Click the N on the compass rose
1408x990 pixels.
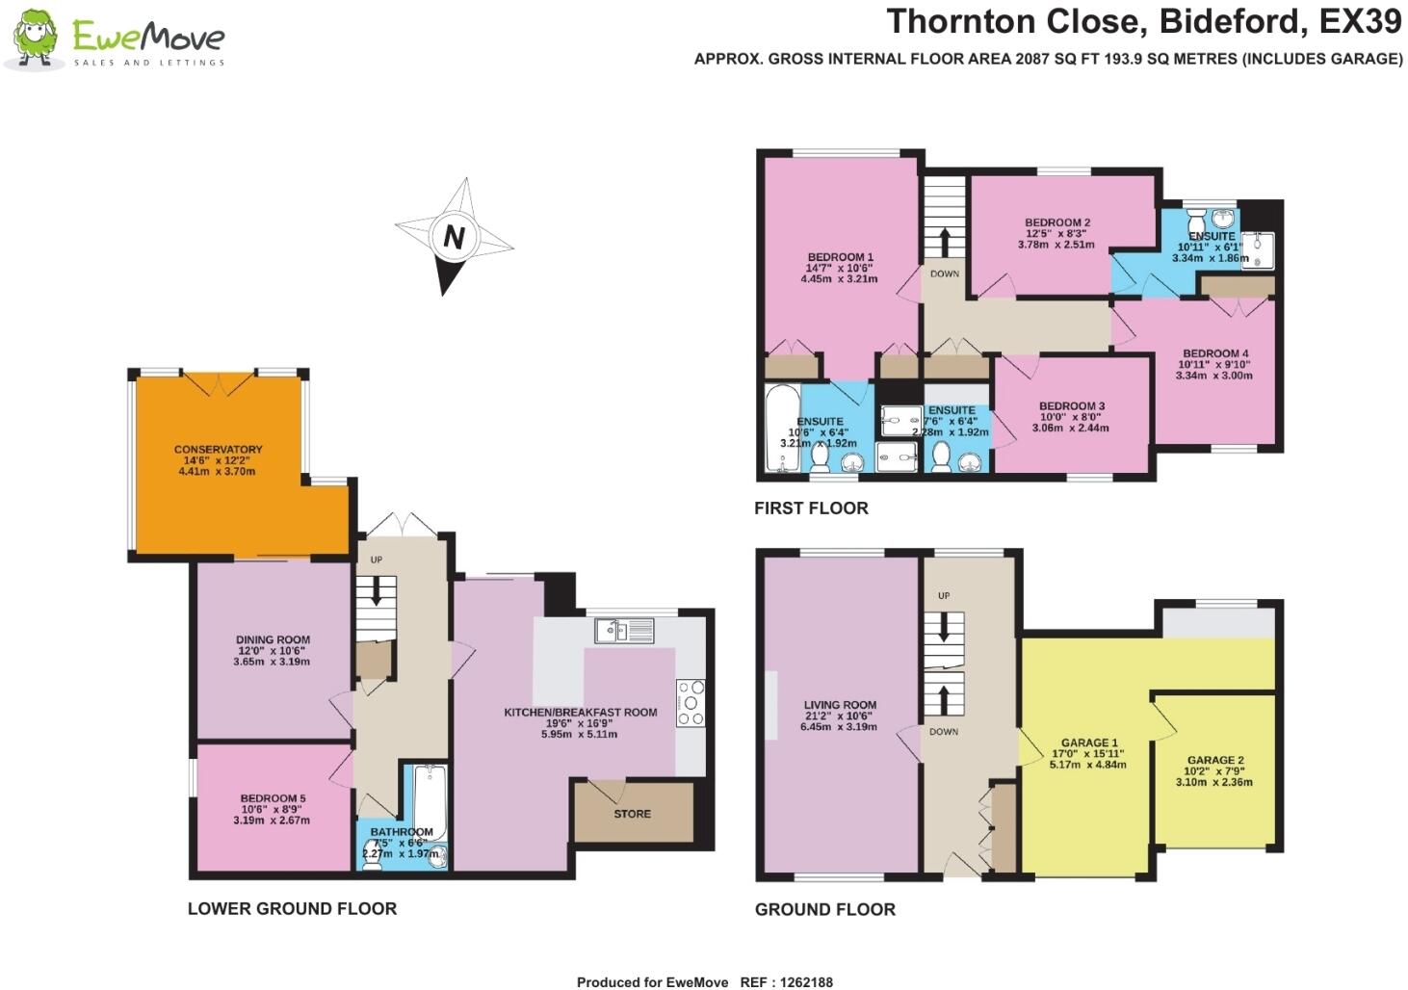[x=454, y=237]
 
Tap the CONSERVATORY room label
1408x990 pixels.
[x=218, y=449]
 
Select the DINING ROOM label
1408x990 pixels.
[x=273, y=639]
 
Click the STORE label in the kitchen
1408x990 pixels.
[x=632, y=814]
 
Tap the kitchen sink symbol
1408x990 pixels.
[x=623, y=631]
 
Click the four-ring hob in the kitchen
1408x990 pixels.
[x=691, y=702]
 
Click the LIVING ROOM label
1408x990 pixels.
[x=840, y=705]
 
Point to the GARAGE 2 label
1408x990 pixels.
[x=1214, y=760]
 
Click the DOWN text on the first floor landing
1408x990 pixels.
[x=944, y=274]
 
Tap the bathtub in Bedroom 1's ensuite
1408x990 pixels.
[x=780, y=429]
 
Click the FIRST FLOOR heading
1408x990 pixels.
[x=811, y=508]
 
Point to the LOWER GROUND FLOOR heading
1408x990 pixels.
[x=292, y=908]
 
